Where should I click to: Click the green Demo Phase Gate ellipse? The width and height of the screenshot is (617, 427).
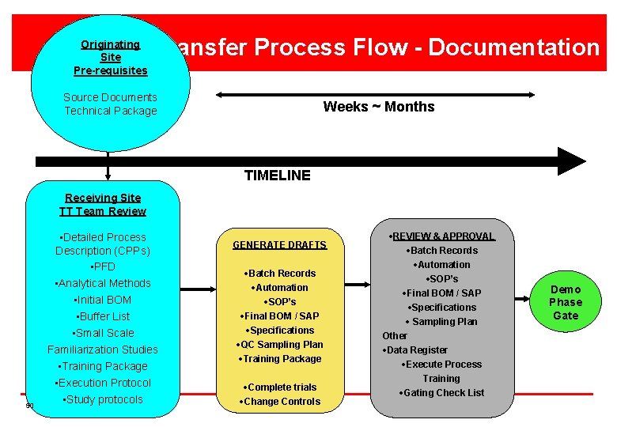[565, 302]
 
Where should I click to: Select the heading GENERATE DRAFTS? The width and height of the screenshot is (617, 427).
[279, 245]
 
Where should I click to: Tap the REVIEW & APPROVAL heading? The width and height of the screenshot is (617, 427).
[442, 236]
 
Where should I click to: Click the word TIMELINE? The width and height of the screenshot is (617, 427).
[277, 176]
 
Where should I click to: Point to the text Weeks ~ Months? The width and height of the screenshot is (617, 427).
[378, 107]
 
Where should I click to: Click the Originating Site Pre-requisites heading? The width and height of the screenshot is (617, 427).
[110, 58]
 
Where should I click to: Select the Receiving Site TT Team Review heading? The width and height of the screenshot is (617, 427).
[103, 205]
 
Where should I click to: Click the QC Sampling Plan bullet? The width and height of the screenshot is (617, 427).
[279, 345]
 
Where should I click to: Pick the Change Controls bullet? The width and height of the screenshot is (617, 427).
[279, 402]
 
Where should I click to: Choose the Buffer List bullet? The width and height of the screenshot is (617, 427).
[103, 316]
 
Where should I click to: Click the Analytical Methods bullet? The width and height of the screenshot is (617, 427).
[103, 283]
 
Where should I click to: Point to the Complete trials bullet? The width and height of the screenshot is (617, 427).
[279, 387]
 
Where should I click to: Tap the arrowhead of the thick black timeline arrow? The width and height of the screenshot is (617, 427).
[571, 161]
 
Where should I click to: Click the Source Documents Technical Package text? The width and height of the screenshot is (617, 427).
[110, 104]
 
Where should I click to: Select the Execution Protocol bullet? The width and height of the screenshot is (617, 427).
[103, 383]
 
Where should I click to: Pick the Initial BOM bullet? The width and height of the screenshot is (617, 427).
[103, 300]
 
